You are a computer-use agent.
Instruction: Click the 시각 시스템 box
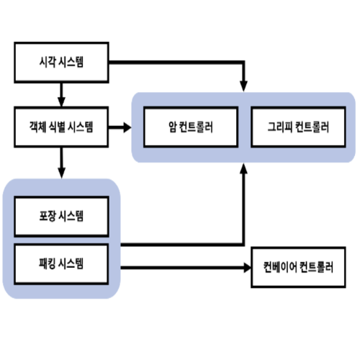tap(61, 62)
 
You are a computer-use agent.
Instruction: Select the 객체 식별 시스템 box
tap(61, 127)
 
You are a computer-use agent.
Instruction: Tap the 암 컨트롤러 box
tap(189, 127)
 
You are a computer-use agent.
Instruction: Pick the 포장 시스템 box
tap(61, 215)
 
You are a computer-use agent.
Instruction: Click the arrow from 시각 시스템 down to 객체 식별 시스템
tap(61, 94)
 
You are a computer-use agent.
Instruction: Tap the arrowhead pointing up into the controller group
tap(245, 169)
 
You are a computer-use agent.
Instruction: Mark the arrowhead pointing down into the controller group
tap(245, 85)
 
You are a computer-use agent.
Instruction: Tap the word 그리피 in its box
tap(277, 127)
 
